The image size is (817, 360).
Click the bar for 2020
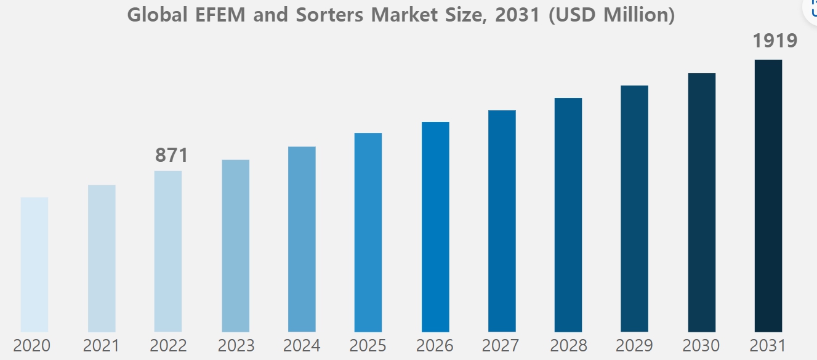[x=34, y=265]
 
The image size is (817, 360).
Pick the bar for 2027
[x=502, y=221]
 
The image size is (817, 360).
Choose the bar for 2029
[x=634, y=209]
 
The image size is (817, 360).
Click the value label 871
[x=171, y=156]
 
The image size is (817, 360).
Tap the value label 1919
[x=775, y=41]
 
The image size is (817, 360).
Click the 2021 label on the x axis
[x=102, y=346]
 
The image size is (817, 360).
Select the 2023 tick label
[x=236, y=346]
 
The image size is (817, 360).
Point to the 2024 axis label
[x=302, y=346]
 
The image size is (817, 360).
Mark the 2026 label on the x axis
[x=435, y=346]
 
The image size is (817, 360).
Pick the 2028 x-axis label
[x=568, y=346]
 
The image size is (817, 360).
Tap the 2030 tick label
[x=701, y=346]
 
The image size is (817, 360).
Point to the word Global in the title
[x=157, y=15]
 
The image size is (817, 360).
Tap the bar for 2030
[x=702, y=202]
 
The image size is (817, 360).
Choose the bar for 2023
[x=236, y=246]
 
